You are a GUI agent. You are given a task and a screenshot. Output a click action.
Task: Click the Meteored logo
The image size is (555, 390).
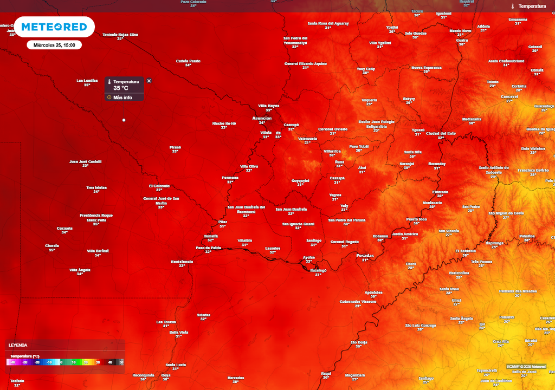pos(54,27)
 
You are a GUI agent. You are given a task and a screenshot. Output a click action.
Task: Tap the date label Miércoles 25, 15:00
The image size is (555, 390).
pos(54,45)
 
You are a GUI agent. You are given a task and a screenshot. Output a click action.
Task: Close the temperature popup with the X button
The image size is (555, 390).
pos(149,81)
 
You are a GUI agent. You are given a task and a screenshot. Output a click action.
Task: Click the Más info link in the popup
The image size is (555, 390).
pos(123,97)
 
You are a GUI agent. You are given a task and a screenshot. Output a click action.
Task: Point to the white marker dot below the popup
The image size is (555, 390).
pos(124,120)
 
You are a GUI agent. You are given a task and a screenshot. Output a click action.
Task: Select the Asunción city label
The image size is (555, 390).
pos(262,118)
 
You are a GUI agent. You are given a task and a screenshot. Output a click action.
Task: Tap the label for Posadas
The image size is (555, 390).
pos(365,255)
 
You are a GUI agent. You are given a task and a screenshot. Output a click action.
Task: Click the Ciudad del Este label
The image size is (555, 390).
pos(441,133)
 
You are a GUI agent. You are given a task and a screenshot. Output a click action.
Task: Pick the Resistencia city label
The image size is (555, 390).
pos(182,262)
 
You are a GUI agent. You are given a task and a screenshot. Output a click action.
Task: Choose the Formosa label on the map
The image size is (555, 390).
pos(230,178)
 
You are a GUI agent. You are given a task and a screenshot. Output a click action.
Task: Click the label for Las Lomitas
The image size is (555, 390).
pos(87,81)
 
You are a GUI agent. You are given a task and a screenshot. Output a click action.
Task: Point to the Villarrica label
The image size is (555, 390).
pos(332,151)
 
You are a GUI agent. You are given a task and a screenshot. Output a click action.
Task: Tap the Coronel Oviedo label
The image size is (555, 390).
pos(333,129)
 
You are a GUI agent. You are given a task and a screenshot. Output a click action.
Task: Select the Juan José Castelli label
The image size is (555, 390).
pos(86,161)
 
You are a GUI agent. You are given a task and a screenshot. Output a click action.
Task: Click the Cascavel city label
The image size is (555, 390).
pos(509,96)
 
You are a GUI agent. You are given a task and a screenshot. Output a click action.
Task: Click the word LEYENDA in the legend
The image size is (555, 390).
pos(17,345)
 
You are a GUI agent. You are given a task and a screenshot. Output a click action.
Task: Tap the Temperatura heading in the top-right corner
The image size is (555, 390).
pos(532,6)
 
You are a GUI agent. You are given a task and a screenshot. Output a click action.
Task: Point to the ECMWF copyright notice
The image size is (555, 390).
pos(526,367)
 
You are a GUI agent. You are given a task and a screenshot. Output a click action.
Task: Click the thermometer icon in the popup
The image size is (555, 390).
pos(109,82)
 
